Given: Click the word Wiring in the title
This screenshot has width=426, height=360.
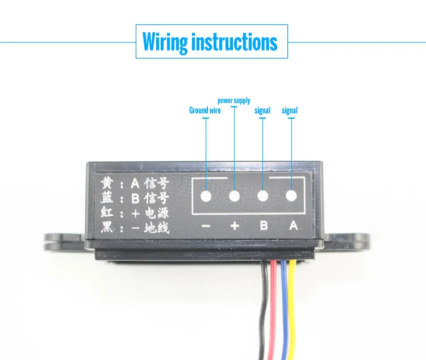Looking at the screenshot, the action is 165,42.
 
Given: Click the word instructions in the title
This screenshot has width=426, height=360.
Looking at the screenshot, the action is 235,41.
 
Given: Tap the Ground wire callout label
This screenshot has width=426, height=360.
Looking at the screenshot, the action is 205,110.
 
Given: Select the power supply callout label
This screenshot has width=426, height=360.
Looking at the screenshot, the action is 234,101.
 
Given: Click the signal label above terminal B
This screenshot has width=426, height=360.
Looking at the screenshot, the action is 262,111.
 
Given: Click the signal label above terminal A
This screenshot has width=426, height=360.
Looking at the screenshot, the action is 290,111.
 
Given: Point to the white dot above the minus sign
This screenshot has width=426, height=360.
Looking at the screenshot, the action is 206,196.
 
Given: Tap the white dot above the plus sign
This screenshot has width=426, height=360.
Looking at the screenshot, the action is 235,196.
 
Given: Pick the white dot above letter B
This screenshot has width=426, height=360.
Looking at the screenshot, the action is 263,196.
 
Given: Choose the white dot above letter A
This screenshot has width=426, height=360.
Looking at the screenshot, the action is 291,196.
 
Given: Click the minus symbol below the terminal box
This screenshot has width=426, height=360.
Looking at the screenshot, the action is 206,226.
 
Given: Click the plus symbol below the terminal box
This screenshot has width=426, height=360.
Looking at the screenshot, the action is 235,226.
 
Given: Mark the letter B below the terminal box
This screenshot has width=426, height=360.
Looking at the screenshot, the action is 264,225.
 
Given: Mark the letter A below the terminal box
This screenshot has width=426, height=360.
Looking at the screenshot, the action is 294,225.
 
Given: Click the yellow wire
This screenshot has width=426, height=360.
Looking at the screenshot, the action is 292,309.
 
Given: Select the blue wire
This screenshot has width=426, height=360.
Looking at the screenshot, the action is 284,309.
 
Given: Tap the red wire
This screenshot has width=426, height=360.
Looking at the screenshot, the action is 273,309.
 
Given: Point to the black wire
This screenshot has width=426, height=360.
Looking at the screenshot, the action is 263,309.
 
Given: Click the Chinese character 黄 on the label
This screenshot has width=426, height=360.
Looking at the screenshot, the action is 107,182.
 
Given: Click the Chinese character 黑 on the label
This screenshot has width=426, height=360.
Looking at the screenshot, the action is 107,227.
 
